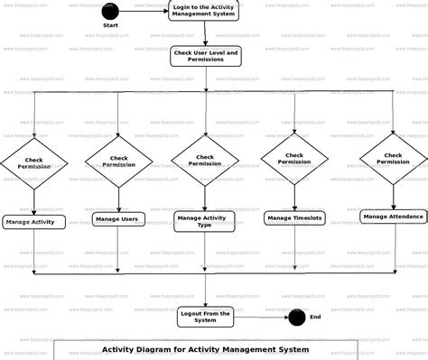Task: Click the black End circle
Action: point(296,317)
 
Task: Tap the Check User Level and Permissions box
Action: point(206,57)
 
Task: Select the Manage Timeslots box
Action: point(293,217)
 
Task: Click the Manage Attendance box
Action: point(394,217)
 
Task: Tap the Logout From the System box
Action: point(206,317)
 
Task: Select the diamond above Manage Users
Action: point(120,161)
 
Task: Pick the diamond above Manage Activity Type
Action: point(205,160)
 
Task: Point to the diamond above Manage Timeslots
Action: point(294,159)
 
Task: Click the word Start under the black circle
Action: point(110,25)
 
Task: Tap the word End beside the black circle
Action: point(315,317)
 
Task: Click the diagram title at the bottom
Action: point(205,349)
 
